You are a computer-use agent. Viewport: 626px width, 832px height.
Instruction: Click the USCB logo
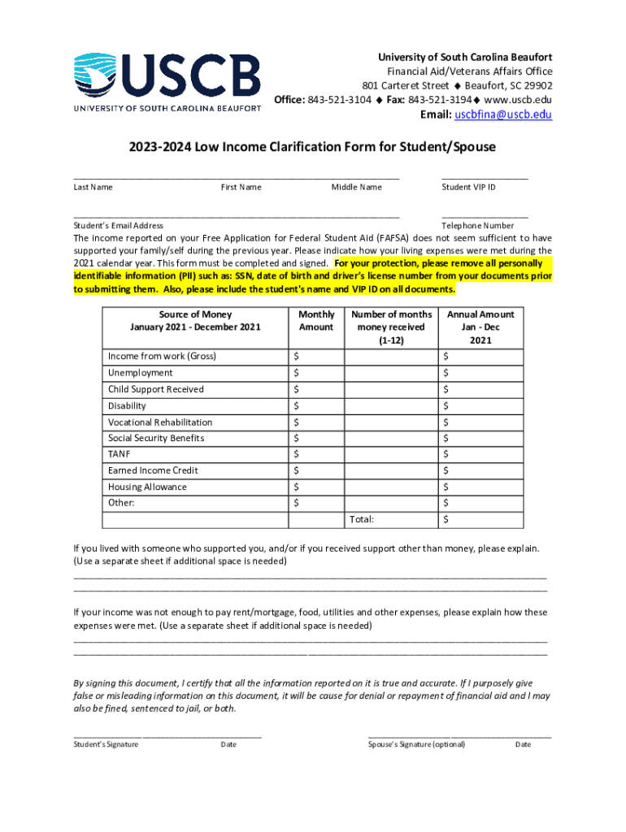point(167,81)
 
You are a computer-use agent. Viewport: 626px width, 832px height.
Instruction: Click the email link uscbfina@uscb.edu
point(503,115)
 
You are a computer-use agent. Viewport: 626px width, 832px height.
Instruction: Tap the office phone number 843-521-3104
point(339,100)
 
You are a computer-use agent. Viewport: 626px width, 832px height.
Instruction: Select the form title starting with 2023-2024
point(311,147)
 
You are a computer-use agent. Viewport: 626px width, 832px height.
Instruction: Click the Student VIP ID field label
point(468,188)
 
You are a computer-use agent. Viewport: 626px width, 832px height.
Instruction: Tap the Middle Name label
point(356,188)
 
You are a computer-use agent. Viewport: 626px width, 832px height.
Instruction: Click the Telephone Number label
point(477,226)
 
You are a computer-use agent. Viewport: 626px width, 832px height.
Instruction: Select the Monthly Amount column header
point(316,321)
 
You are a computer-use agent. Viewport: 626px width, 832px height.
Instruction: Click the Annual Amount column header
point(480,327)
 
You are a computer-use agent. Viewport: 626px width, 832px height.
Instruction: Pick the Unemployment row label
point(140,373)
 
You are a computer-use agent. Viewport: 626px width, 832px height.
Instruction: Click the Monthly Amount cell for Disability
point(316,405)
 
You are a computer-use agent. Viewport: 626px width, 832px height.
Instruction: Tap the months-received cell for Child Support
point(390,389)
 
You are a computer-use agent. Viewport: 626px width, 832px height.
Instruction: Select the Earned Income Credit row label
point(153,470)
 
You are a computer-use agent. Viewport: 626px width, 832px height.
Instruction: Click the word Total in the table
point(362,519)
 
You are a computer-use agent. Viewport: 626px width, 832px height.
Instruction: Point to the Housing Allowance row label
point(147,487)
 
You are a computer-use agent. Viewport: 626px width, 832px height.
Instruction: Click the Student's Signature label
point(106,744)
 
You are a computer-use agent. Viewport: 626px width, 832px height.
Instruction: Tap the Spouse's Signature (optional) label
point(416,744)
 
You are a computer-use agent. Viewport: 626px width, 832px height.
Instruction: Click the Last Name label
point(93,188)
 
